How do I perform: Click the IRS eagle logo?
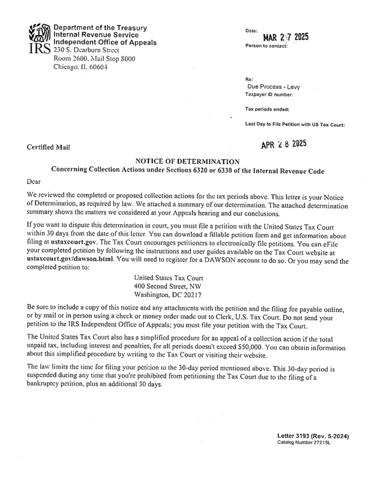[40, 37]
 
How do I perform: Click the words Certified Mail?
[49, 148]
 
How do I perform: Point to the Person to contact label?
[266, 46]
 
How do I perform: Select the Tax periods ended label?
[267, 109]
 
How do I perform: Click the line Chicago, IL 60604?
[80, 67]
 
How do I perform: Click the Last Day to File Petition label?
[295, 125]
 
